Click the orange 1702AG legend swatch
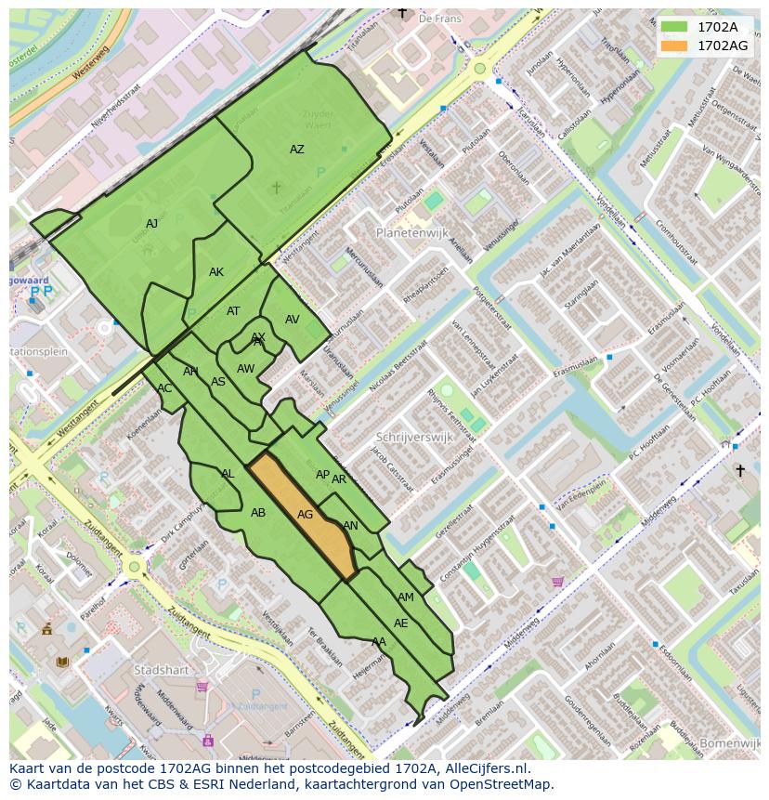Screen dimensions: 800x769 coord(674,46)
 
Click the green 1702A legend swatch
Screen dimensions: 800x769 coord(674,26)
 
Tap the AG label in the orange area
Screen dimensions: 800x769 coord(305,515)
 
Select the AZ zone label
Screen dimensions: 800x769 coord(296,150)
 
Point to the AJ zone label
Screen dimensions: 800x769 coord(152,224)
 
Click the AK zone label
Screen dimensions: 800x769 coord(216,272)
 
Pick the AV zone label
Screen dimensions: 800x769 coord(293,320)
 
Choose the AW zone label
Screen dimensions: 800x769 coord(245,369)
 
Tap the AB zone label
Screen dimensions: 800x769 coord(258,513)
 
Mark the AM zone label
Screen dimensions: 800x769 coord(406,597)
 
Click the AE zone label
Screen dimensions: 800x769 coord(400,623)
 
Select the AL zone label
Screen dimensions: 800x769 coord(228,474)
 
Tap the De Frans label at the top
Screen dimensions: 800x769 coord(440,18)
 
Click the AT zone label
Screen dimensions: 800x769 coord(233,311)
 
